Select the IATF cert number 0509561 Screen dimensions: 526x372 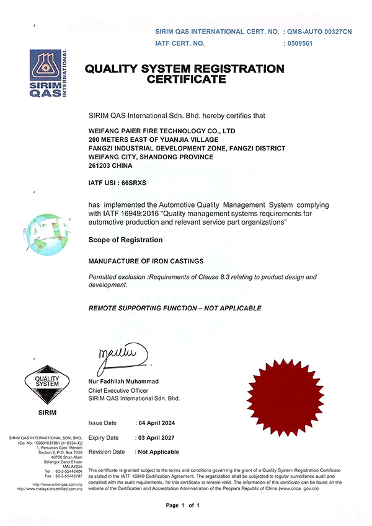coord(299,44)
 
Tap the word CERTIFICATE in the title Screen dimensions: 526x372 coord(187,79)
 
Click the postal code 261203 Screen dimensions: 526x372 coord(104,166)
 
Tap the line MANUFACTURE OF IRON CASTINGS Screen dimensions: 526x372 coord(146,262)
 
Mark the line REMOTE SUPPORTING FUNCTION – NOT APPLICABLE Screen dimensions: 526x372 coord(175,308)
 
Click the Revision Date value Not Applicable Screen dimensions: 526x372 coord(159,452)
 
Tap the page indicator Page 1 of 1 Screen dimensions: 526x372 coord(183,506)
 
